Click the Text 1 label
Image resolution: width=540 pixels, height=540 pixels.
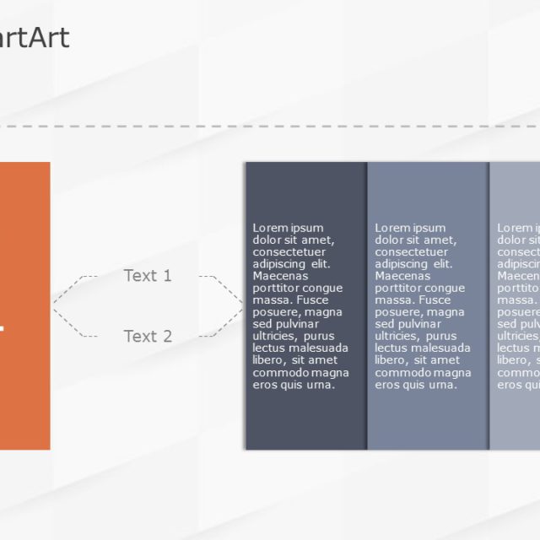[148, 276]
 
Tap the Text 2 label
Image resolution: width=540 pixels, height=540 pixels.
[148, 337]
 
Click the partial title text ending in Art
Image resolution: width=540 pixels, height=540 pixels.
[35, 38]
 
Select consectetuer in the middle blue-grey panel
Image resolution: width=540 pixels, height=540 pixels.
[411, 251]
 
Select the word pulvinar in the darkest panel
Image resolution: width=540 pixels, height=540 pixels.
[298, 324]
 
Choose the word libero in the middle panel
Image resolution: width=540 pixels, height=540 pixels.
[392, 360]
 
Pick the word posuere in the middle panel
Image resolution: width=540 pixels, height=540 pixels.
[397, 312]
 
